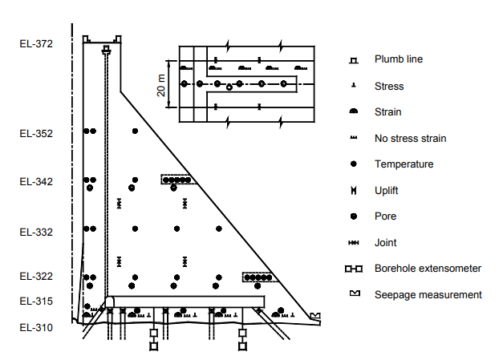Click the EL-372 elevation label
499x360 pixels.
point(36,43)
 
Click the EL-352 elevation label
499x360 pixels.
point(36,134)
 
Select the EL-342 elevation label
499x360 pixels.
point(36,182)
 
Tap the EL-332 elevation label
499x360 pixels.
point(36,233)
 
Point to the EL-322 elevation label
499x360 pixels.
point(36,277)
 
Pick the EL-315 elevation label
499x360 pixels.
point(36,301)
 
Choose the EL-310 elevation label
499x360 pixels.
point(36,327)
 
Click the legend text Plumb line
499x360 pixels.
point(398,59)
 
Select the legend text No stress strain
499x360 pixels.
point(410,139)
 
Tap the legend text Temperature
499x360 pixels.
point(404,164)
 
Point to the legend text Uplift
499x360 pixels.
point(386,190)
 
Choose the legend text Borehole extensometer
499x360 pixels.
point(427,268)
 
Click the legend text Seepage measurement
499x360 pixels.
point(428,294)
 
